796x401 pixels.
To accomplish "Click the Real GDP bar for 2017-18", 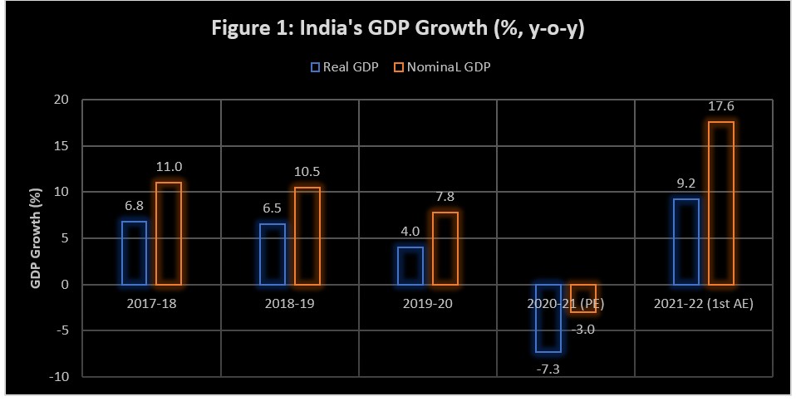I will pos(134,253).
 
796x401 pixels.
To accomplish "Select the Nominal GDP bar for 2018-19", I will pos(307,236).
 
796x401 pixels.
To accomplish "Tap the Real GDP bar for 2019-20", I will pos(410,266).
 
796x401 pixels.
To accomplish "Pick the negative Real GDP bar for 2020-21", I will pos(548,318).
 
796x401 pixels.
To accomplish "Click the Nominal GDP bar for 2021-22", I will pos(721,203).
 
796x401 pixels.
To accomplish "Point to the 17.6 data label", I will pos(721,106).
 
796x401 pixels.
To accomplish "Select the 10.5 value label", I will pos(307,172).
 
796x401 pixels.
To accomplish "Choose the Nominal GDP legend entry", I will pos(443,67).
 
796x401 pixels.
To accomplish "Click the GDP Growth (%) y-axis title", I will pos(36,238).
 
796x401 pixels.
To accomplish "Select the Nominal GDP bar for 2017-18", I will pos(169,233).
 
